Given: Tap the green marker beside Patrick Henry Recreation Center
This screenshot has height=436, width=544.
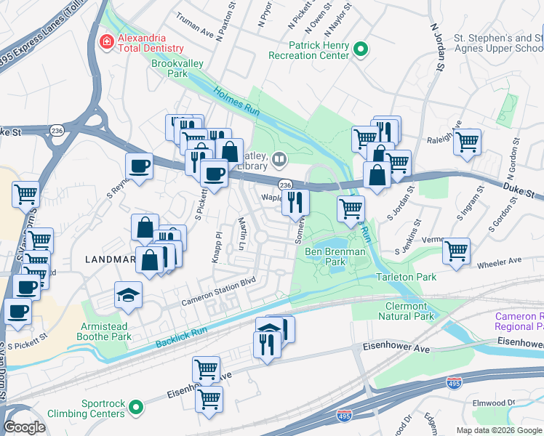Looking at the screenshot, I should coord(360,49).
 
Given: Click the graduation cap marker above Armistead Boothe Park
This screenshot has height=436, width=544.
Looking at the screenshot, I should coord(128,295).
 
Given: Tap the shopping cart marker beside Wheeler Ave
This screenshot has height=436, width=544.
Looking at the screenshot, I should coord(456,252).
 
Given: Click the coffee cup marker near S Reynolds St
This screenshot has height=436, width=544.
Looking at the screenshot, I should coord(140,166).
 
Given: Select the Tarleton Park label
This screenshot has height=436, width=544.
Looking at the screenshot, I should coord(406,278).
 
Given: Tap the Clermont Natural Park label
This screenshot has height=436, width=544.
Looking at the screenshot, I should coord(406,311).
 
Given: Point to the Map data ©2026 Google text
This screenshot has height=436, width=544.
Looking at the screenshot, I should coord(498,430).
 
